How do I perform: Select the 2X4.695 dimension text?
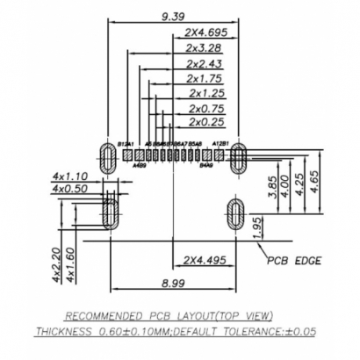coord(206,32)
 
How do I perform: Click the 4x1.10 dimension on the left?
coord(70,176)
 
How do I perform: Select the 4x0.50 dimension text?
coord(70,189)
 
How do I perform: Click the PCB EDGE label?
coord(295,261)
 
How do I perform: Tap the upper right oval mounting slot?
coord(237,159)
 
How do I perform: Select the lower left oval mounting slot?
coord(111,212)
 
